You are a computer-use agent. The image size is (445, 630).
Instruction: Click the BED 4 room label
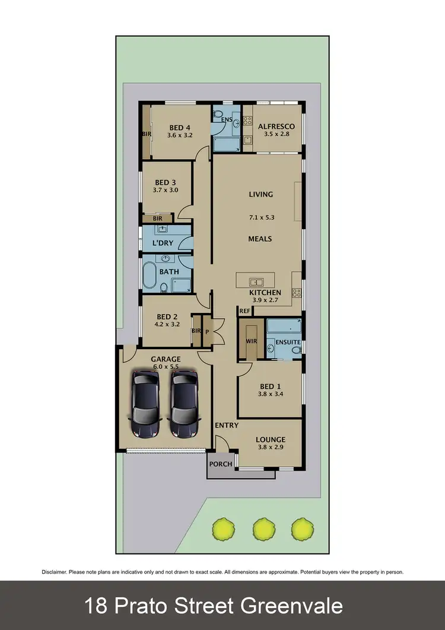coord(179,127)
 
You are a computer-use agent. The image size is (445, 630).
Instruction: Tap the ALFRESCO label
coord(276,126)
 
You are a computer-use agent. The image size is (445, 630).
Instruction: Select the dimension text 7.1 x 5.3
coord(261,217)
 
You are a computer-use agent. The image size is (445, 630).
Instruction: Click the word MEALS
coord(260,239)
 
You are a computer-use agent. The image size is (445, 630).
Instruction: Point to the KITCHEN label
coord(265,293)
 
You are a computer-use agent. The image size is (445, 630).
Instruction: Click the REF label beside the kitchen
coord(244,311)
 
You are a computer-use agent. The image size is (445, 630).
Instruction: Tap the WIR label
coord(250,342)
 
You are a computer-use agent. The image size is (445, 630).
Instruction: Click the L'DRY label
coord(162,243)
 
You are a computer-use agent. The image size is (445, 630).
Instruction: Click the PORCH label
coord(221,464)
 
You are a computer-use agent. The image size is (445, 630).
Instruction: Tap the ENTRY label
coord(227,425)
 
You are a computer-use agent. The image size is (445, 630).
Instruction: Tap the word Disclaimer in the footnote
coord(54,572)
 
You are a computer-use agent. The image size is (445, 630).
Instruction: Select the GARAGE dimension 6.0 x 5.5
coord(166,367)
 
